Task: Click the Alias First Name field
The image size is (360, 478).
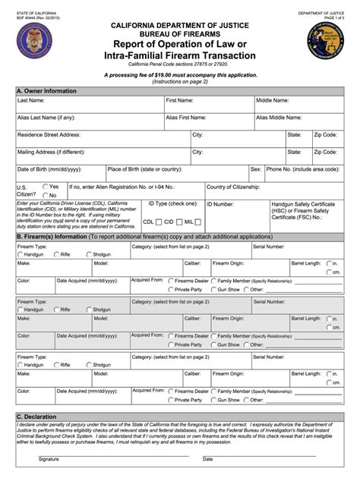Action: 208,123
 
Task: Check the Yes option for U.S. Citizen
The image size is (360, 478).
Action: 46,186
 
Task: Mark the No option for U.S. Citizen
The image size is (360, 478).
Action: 46,195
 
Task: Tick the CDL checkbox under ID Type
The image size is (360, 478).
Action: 158,222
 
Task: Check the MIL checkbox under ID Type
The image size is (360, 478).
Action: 198,222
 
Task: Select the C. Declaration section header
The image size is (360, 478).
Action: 39,417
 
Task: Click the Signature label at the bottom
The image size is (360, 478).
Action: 49,459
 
